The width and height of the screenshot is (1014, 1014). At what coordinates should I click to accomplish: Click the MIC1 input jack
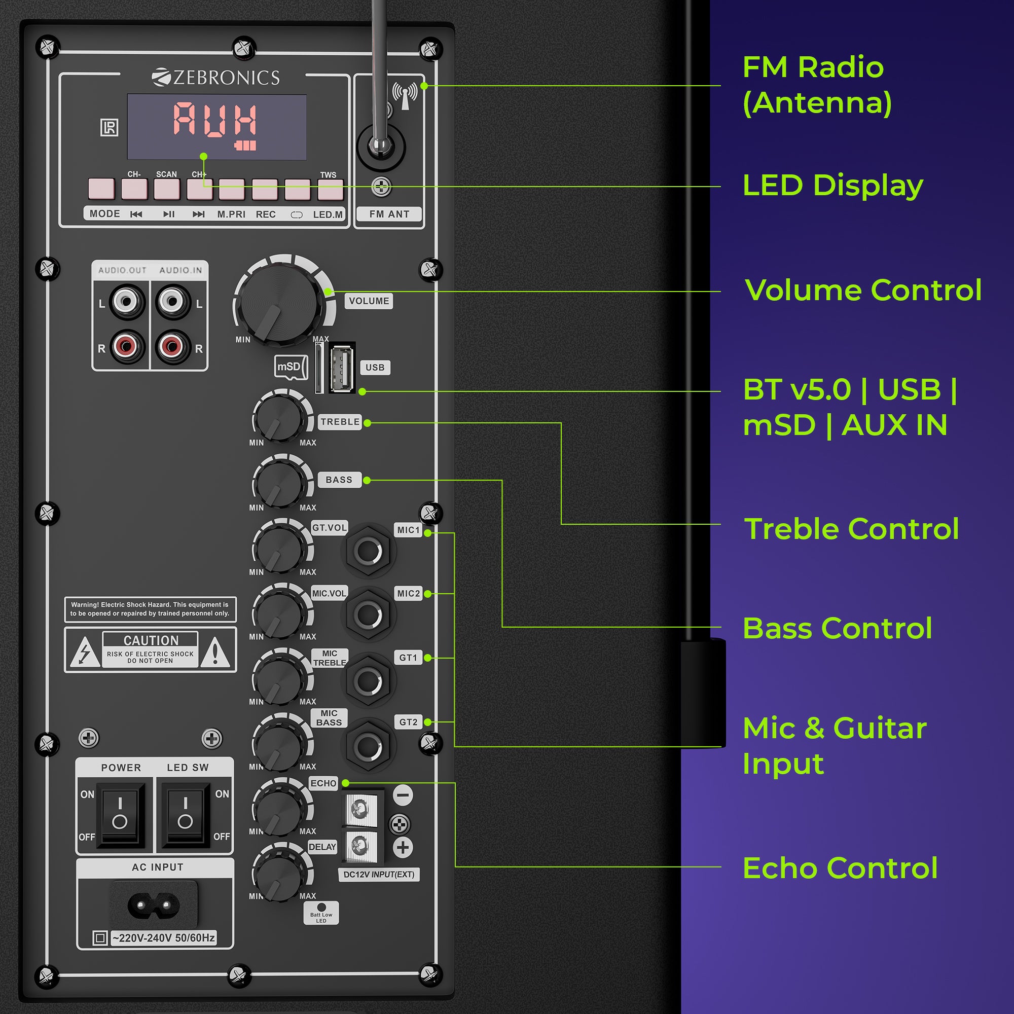coord(369,551)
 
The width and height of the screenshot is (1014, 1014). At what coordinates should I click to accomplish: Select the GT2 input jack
coord(369,746)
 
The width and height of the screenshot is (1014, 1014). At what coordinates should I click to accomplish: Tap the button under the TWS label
coord(330,190)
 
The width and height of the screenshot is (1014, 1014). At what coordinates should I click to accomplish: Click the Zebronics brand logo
coord(215,77)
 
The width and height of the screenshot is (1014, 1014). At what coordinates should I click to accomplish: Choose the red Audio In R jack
coord(172,346)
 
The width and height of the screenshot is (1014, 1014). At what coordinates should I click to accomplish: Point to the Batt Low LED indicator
coord(321,907)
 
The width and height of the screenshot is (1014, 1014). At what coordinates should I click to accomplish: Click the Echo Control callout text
coord(840,868)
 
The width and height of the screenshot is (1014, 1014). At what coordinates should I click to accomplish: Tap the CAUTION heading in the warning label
coord(151,640)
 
